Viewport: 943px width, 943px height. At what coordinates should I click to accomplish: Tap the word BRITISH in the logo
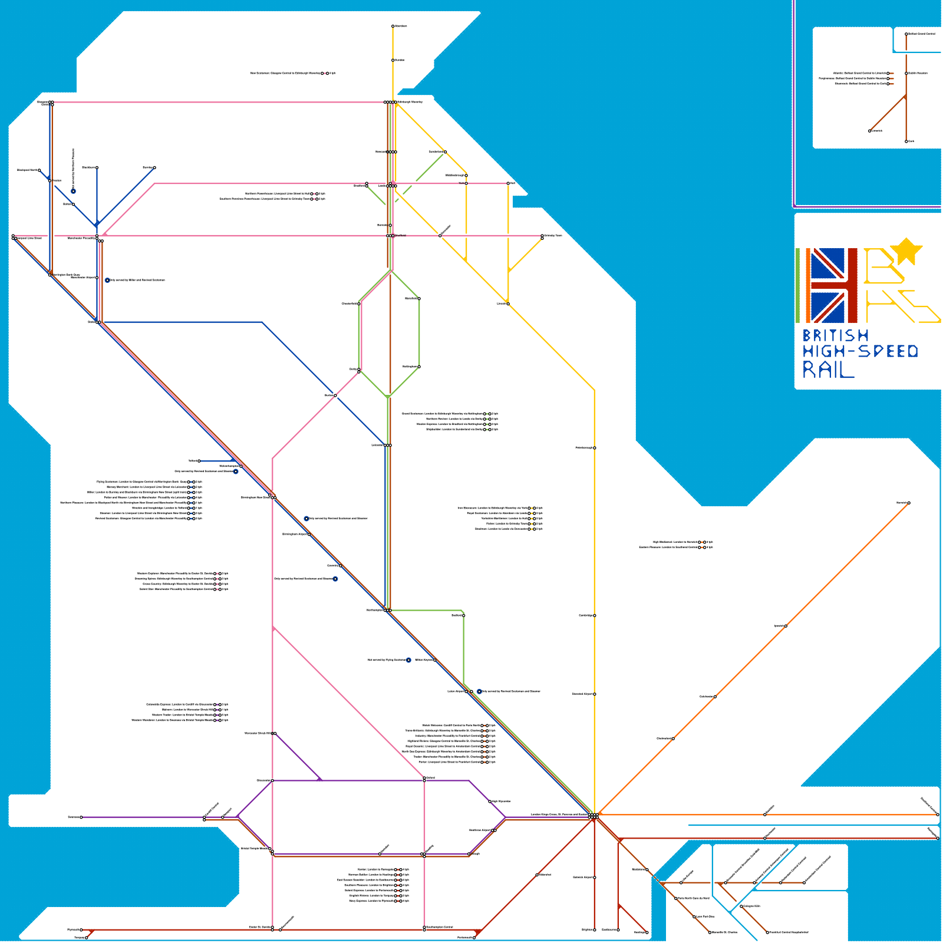[x=835, y=335]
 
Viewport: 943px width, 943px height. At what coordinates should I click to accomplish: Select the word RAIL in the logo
[x=828, y=370]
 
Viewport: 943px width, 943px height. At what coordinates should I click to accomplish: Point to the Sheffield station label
[x=400, y=235]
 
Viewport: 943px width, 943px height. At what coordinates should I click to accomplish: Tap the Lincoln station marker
[x=508, y=304]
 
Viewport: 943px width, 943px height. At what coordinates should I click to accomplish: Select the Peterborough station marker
[x=595, y=448]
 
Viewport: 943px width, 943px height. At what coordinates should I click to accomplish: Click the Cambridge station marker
[x=595, y=615]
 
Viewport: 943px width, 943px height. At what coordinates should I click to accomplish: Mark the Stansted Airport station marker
[x=595, y=694]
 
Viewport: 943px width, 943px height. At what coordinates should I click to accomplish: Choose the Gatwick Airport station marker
[x=595, y=878]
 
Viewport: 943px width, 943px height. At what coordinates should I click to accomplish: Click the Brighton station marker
[x=595, y=929]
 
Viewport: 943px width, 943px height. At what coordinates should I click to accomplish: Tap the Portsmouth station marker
[x=474, y=937]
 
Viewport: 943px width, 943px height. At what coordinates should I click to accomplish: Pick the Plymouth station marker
[x=81, y=929]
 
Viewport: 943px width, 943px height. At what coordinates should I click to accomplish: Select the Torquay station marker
[x=87, y=937]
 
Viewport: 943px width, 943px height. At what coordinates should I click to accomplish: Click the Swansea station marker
[x=81, y=817]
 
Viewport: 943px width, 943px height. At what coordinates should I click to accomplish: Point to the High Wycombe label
[x=500, y=801]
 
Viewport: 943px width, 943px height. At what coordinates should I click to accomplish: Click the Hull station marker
[x=508, y=183]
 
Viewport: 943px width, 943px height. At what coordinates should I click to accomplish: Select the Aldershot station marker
[x=537, y=875]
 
